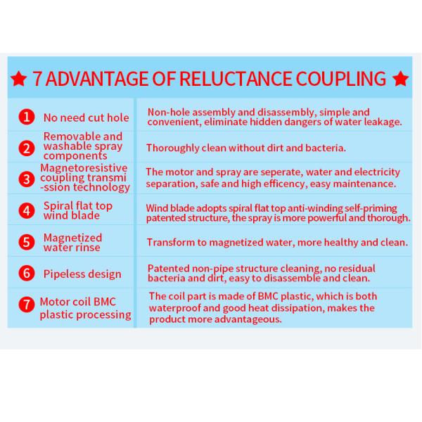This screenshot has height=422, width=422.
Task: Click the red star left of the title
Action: [x=18, y=79]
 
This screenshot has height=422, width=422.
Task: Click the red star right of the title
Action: [x=401, y=79]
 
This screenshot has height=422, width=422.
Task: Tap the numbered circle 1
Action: [x=27, y=117]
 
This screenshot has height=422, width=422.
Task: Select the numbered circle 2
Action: [x=27, y=148]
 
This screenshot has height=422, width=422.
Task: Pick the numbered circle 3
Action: [x=27, y=179]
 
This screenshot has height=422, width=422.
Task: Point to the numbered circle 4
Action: [x=27, y=210]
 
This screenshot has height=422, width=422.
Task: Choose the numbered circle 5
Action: [x=27, y=242]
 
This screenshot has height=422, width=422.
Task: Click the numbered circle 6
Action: [x=27, y=273]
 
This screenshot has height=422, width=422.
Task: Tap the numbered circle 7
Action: [x=27, y=305]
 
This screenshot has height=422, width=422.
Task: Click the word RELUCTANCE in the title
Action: [x=236, y=79]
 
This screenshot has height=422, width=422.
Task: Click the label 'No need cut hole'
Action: [x=86, y=118]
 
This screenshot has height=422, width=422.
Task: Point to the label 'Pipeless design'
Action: [x=82, y=274]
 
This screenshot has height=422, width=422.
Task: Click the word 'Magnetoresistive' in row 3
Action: [x=84, y=168]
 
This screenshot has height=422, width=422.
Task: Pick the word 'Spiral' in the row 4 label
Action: [x=58, y=206]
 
